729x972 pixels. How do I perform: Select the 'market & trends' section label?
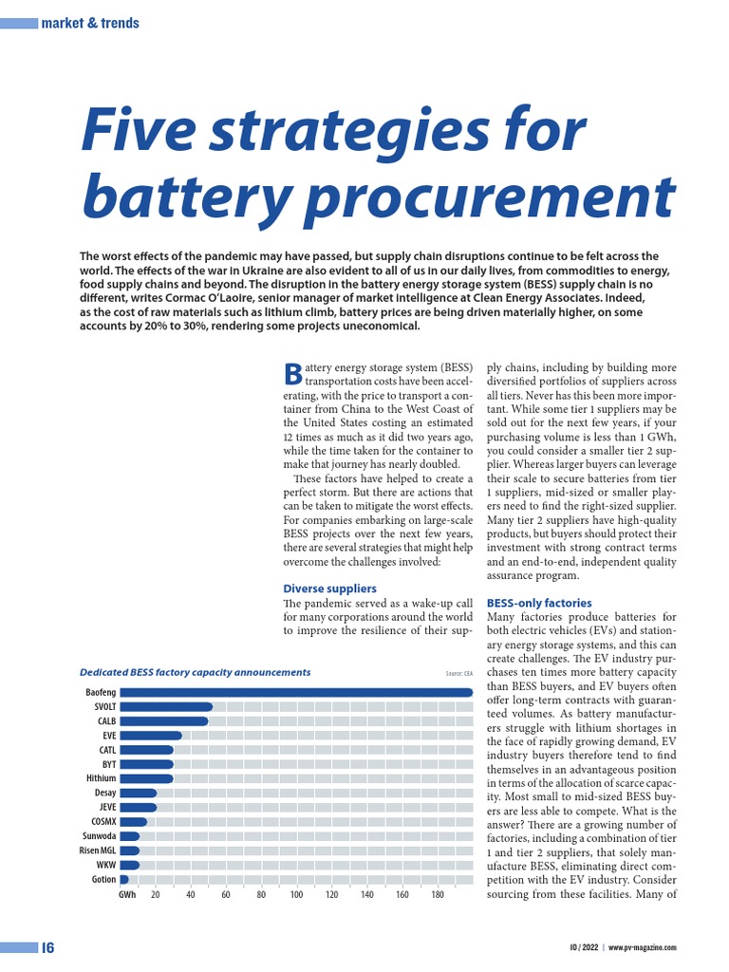coord(90,23)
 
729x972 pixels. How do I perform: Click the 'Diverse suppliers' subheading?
coord(329,589)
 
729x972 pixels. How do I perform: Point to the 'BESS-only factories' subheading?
coord(538,603)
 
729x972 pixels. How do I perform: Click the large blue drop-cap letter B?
coord(292,375)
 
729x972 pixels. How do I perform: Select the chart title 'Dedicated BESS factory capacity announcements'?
coord(195,672)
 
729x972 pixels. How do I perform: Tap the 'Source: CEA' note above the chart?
coord(458,673)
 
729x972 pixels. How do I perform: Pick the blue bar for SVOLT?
coord(166,706)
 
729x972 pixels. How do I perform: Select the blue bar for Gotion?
coord(124,879)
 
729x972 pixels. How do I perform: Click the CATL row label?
coord(107,750)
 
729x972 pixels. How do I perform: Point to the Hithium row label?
coord(101,778)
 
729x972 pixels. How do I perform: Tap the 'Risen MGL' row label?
coord(97,850)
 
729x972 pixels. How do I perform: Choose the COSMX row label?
coord(103,821)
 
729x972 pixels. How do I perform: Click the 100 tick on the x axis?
coord(296,895)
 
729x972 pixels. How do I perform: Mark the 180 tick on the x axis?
coord(438,895)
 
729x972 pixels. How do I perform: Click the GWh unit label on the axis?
coord(127,895)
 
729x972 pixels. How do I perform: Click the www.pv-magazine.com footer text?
coord(643,947)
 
